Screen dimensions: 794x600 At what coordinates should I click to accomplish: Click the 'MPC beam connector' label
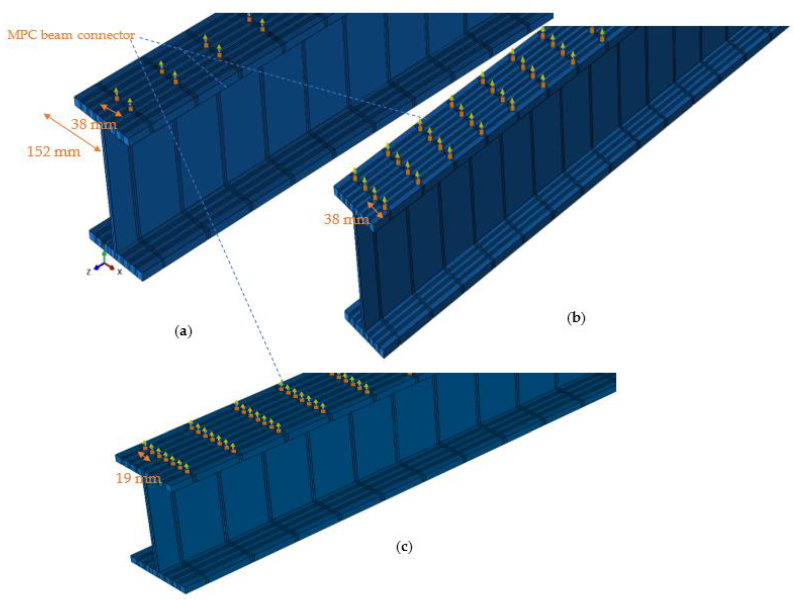pos(71,35)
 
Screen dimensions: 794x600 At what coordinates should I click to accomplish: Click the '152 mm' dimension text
pos(54,152)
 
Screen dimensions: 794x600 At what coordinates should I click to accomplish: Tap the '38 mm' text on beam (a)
pos(94,124)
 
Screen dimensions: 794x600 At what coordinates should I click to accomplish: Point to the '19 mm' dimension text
pos(138,478)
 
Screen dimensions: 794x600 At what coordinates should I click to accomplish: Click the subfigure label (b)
pos(576,318)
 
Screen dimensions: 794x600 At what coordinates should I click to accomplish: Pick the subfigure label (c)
pos(404,547)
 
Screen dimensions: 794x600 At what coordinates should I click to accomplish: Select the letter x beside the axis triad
pos(119,272)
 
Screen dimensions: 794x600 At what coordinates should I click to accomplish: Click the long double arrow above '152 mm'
pos(72,132)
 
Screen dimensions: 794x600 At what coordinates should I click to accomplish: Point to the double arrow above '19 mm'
pos(144,456)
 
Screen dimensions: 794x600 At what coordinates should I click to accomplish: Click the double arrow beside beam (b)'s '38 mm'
pos(375,210)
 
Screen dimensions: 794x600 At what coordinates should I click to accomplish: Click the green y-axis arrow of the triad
pos(104,258)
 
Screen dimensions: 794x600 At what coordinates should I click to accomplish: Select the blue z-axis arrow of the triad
pos(98,267)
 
